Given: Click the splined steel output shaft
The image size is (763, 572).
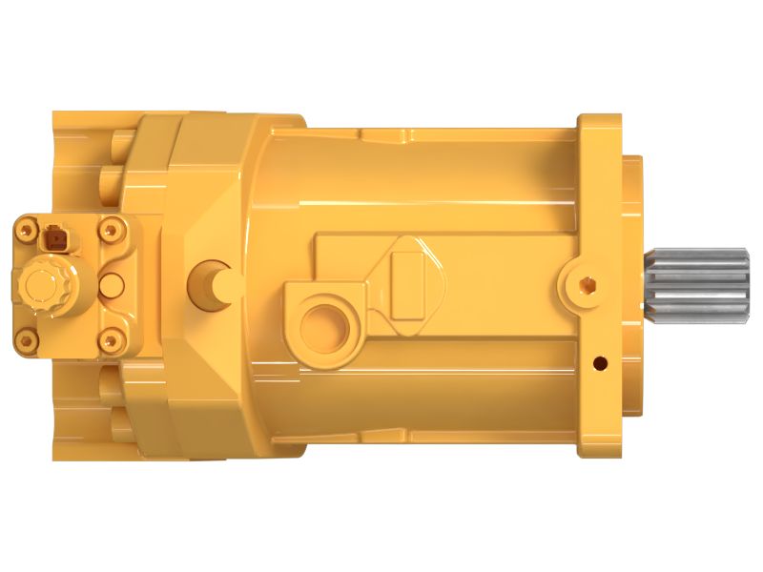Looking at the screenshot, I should pos(702,283).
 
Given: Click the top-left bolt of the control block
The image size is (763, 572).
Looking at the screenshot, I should pos(24,227).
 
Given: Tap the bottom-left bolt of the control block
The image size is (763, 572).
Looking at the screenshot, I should pos(24,338).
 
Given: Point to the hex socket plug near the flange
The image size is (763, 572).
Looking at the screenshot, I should pos(585,282).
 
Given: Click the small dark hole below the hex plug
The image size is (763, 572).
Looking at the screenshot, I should pos(599,362).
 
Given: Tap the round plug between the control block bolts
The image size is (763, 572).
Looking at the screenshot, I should pos(112,283).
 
